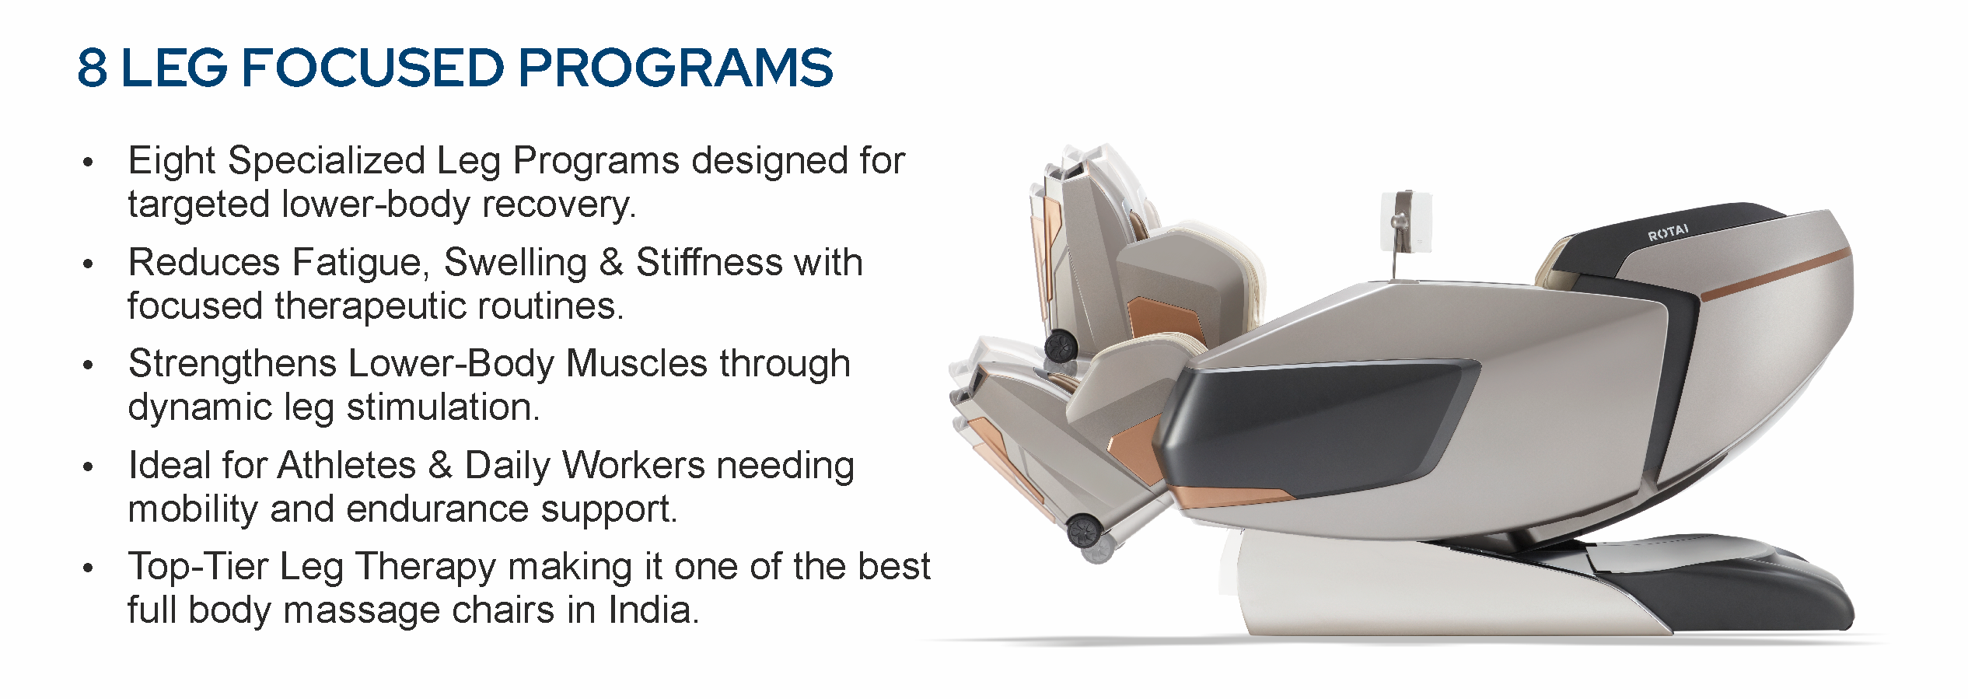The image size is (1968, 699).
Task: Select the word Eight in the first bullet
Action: pyautogui.click(x=172, y=162)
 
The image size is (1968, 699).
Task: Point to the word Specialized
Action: pyautogui.click(x=325, y=162)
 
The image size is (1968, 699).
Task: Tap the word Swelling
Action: pyautogui.click(x=516, y=263)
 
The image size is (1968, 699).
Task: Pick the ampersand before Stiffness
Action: pyautogui.click(x=612, y=263)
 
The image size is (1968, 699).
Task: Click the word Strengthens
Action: pyautogui.click(x=232, y=364)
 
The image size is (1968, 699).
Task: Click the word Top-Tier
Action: pyautogui.click(x=197, y=567)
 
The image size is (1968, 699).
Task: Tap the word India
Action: pyautogui.click(x=654, y=610)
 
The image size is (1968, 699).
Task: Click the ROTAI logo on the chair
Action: pyautogui.click(x=1668, y=232)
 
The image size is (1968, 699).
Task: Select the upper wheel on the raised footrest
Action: pyautogui.click(x=1058, y=344)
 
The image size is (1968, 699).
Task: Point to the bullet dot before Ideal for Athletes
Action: pyautogui.click(x=88, y=467)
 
